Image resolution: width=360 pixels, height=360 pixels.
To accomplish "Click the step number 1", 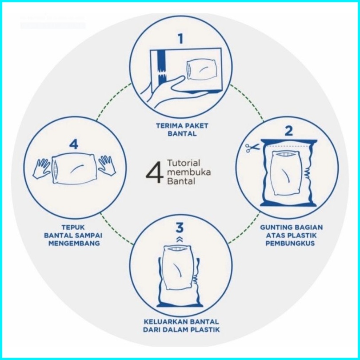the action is tap(181, 39).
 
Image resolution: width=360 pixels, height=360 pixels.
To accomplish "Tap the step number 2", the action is tap(289, 131).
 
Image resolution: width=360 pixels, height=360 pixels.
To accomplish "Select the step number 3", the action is tap(180, 227).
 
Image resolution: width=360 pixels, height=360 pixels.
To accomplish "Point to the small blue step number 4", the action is tap(74, 144).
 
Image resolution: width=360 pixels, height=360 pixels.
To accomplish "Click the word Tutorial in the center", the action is tap(184, 163).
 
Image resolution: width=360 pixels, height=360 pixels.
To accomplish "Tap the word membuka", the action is tap(189, 172).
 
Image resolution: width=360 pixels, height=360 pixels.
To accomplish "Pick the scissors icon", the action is tap(252, 148).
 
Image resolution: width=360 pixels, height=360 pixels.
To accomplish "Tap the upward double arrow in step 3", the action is tap(180, 240).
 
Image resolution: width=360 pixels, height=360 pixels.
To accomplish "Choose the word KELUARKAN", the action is tap(164, 322).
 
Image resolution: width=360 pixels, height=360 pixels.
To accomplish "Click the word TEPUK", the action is tap(73, 227).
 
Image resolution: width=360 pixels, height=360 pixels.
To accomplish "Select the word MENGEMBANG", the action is tap(74, 243).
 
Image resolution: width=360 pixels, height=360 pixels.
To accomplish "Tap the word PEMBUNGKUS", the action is tap(290, 243).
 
